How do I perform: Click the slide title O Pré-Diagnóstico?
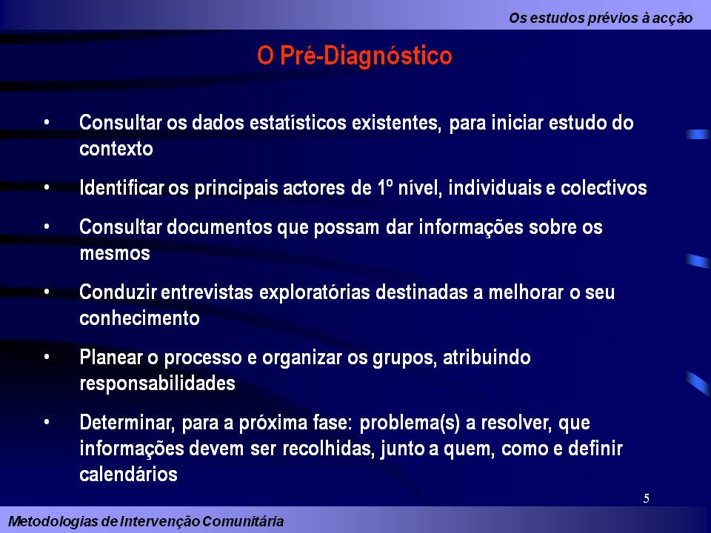click(354, 56)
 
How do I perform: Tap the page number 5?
click(647, 498)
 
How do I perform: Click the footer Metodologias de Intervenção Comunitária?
click(146, 521)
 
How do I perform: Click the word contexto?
click(116, 149)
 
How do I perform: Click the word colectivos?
click(604, 188)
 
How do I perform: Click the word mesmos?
click(115, 253)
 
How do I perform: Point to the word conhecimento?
click(139, 318)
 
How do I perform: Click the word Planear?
click(110, 358)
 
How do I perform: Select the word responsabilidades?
click(157, 383)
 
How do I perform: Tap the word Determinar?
click(127, 423)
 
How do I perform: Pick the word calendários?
click(128, 474)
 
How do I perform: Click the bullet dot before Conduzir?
click(47, 292)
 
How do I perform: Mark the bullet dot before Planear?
click(47, 357)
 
